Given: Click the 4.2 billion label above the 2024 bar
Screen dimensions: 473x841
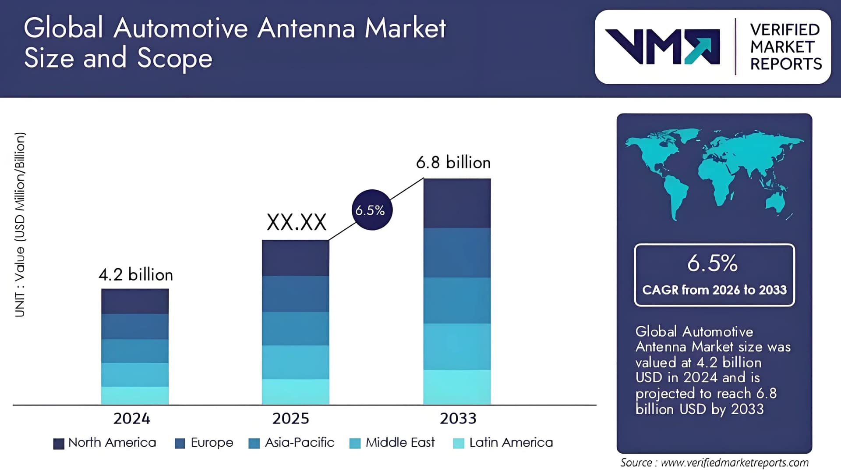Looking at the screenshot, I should point(136,275).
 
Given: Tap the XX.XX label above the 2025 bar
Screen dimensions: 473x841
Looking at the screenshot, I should point(297,222).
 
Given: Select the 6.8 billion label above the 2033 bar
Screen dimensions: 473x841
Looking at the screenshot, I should point(453,163).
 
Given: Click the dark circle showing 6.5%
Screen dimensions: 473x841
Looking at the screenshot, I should point(372,210).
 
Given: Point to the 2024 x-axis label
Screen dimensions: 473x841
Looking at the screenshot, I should point(131,419).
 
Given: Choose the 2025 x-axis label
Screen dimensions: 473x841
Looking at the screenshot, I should point(290,419).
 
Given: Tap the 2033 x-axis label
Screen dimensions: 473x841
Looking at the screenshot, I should point(458,419).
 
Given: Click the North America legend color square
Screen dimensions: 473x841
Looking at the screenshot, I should point(59,444).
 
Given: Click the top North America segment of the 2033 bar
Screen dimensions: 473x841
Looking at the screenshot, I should point(457,203).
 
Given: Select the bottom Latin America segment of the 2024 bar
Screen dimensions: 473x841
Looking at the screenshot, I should point(135,395).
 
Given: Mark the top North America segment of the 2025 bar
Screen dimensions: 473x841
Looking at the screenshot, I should point(296,258).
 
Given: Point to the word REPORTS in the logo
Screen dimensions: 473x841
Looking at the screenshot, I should point(786,64).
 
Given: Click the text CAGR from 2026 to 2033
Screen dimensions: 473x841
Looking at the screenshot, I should point(714,290).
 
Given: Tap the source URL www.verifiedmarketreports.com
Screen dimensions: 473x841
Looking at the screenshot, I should point(735,462).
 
